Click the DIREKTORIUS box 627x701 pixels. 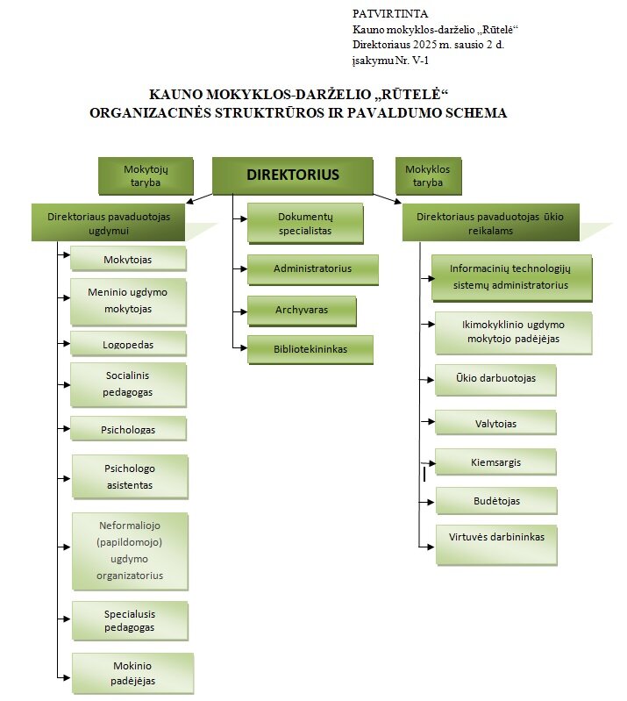tap(293, 175)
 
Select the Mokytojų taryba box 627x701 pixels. tap(146, 176)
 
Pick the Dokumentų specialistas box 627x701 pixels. tap(304, 223)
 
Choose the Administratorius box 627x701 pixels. tap(312, 268)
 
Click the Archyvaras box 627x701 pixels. tap(302, 310)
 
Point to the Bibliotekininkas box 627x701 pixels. tap(310, 348)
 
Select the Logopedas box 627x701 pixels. tap(128, 342)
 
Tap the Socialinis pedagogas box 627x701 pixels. tap(128, 383)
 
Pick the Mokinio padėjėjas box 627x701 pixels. tap(133, 673)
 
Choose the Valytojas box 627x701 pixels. tap(495, 423)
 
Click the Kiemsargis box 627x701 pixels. tap(495, 461)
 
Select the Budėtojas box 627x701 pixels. tap(495, 500)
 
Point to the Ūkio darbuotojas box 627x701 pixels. tap(495, 379)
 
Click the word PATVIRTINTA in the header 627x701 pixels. tap(390, 13)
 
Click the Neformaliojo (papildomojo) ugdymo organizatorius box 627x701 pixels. tap(130, 550)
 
